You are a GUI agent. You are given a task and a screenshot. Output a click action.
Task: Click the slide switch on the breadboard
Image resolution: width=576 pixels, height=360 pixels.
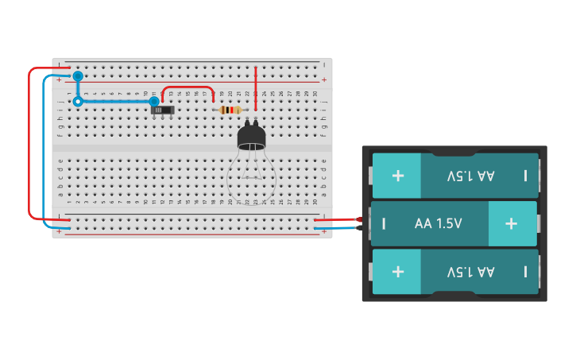163,110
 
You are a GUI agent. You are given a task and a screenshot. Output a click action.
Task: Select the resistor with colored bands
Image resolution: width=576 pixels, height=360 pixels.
230,110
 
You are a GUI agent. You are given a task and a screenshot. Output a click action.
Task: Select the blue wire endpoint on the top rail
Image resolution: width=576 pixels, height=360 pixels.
78,76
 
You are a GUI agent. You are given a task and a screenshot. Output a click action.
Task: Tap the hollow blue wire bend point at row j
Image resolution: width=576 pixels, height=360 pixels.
78,102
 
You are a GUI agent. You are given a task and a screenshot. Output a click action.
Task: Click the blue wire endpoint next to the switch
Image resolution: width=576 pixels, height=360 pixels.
154,102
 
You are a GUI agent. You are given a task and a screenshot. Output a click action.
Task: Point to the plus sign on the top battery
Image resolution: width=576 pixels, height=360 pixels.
397,175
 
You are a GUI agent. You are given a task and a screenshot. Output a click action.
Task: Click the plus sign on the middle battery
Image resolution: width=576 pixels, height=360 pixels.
511,223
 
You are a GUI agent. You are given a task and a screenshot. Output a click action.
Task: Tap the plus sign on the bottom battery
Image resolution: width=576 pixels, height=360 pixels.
397,271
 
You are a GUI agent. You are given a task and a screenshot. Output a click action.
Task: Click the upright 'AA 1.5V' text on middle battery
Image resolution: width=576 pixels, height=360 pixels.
438,223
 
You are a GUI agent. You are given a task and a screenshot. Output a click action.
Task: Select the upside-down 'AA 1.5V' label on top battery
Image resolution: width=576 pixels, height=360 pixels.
470,176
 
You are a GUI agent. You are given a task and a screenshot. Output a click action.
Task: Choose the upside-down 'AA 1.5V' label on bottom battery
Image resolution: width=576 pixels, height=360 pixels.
470,272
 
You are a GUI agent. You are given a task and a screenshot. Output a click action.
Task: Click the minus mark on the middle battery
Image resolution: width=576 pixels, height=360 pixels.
384,223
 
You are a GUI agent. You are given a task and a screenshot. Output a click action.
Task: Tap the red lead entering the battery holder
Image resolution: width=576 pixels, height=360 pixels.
350,219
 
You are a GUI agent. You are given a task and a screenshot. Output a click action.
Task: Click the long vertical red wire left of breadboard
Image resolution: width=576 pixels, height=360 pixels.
29,143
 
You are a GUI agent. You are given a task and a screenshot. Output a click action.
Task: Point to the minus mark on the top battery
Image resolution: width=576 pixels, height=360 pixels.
525,176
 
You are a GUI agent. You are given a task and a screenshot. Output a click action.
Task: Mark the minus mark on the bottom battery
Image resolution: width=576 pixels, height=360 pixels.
525,272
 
